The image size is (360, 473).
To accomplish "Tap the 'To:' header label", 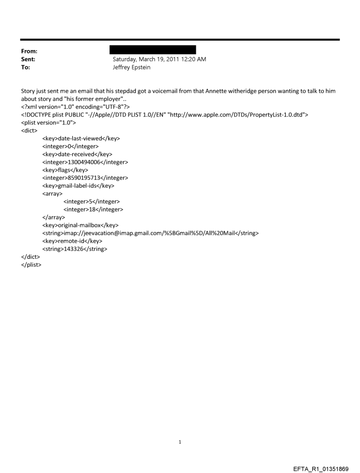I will tap(26, 68).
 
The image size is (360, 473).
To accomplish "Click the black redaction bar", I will tap(152, 50).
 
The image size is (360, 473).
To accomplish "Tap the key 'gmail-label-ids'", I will tap(78, 186).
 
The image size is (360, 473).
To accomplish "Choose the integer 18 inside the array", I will tap(93, 210).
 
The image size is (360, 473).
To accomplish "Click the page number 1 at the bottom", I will tap(180, 441).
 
